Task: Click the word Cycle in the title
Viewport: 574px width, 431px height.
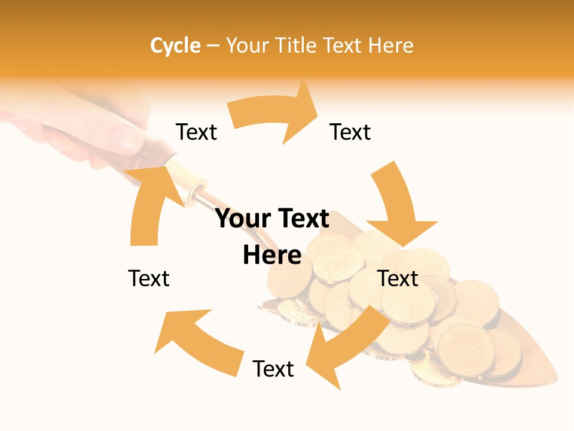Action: tap(175, 45)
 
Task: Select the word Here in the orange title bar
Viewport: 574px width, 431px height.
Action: tap(389, 45)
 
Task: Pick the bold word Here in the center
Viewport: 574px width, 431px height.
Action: tap(272, 255)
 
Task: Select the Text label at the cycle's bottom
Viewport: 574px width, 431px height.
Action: tap(273, 369)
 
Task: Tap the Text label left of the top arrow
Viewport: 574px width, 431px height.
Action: tap(196, 132)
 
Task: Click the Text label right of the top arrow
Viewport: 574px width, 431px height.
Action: tap(350, 132)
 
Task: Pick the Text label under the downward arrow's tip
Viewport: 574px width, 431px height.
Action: tap(398, 278)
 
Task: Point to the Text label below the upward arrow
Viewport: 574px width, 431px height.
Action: tap(149, 278)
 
